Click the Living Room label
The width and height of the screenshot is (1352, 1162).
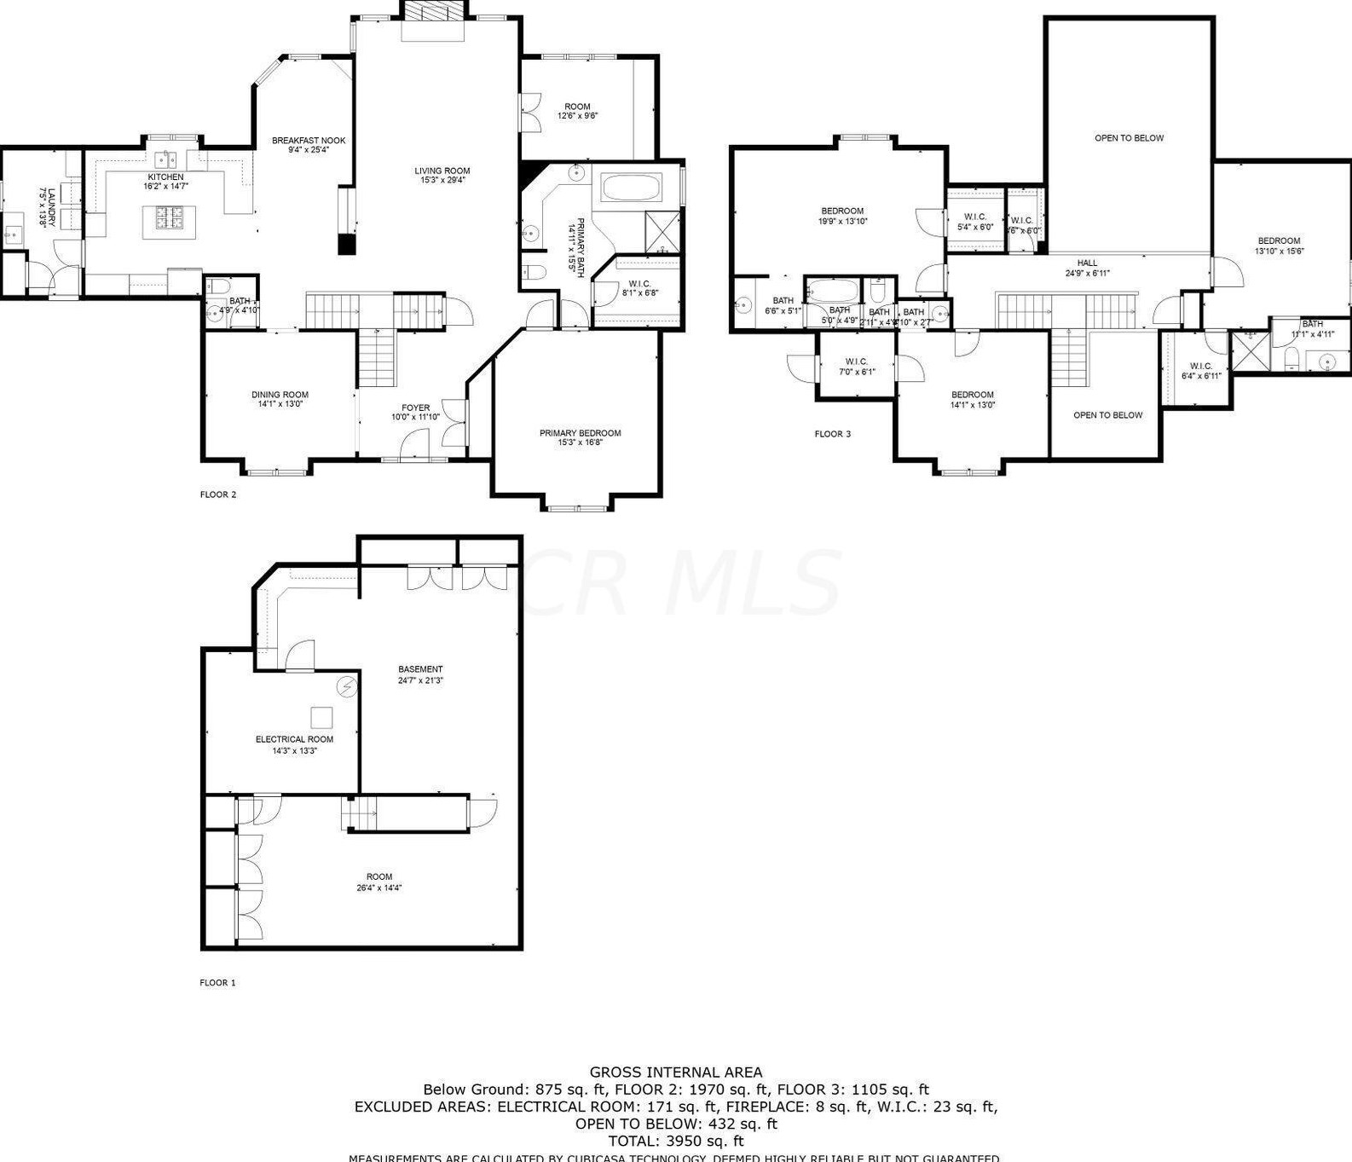442,171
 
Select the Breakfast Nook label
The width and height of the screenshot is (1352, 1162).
309,141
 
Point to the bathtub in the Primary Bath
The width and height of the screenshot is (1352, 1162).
631,187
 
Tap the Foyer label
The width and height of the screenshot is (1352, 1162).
416,408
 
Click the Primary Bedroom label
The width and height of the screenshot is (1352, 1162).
580,433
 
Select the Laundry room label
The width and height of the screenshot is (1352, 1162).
51,208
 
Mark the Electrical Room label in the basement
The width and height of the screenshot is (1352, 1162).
294,739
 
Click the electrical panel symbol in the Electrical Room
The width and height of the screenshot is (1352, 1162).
347,686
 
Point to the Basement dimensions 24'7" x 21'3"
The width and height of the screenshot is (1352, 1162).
420,680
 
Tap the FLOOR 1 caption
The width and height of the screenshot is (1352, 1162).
217,982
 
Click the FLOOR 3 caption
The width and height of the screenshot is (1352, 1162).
832,434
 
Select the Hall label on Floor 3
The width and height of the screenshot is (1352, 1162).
1087,263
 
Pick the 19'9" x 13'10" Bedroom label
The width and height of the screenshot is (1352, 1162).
842,211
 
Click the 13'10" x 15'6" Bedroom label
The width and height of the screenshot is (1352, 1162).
1279,241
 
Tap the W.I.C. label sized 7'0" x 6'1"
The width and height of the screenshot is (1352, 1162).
856,362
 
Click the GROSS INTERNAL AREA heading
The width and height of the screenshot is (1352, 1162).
676,1072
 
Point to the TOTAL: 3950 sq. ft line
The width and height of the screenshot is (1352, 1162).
676,1141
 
